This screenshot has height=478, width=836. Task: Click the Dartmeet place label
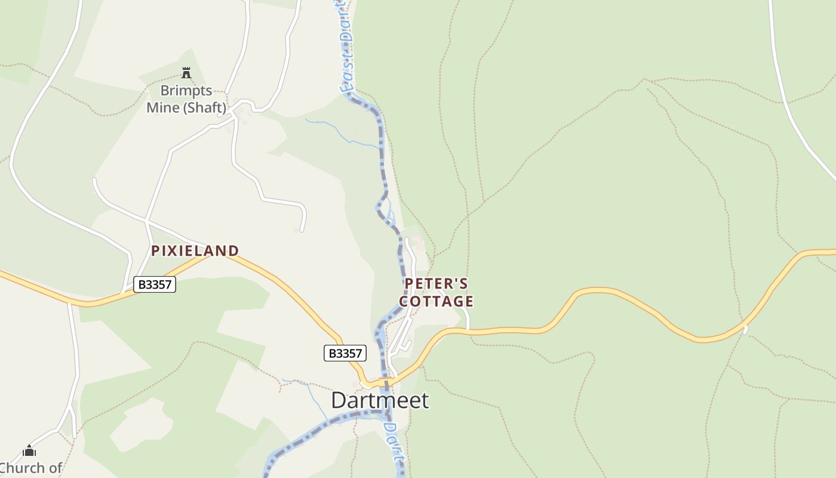tap(380, 400)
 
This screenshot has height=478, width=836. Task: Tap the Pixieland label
tap(195, 251)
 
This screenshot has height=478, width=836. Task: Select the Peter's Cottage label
tap(437, 292)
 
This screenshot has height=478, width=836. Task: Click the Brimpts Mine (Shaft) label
tap(187, 99)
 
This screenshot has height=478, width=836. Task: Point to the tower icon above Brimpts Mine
tap(186, 73)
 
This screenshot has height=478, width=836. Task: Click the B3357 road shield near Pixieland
tap(155, 284)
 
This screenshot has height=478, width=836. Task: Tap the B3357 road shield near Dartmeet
tap(345, 353)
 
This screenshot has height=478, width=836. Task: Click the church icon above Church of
tap(29, 451)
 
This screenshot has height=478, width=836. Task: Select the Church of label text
tap(31, 468)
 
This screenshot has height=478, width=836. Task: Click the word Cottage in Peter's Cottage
tap(437, 301)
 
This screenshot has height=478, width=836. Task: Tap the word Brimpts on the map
tap(186, 91)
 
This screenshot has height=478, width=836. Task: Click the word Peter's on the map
tap(437, 283)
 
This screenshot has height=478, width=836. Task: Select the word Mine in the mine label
tap(163, 108)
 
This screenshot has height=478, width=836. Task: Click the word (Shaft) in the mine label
tap(205, 108)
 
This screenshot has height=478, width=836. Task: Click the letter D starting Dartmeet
tap(339, 400)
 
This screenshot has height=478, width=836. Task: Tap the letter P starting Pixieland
tap(156, 251)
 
